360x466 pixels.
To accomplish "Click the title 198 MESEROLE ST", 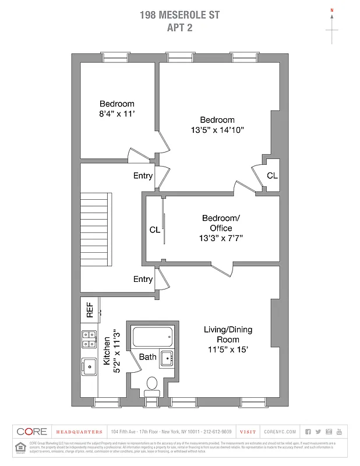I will [x=180, y=15].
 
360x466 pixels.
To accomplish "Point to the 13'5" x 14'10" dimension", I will [x=217, y=130].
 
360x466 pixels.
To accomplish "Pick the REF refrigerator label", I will [x=90, y=309].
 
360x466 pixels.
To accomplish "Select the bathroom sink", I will [x=167, y=357].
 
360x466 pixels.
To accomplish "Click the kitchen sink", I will [x=90, y=366].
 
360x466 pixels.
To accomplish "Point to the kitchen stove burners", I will [x=90, y=339].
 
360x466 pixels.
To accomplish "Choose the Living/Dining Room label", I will [x=228, y=334].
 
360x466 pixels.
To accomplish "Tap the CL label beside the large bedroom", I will [x=272, y=175].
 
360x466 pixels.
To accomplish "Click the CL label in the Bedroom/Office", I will [x=154, y=230].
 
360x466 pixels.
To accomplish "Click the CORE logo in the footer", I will [x=31, y=432].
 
